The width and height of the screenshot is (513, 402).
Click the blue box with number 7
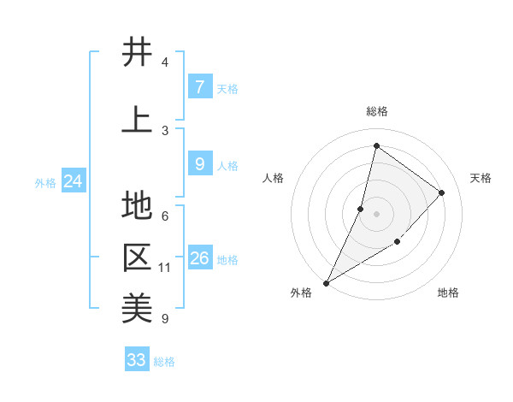point(199,87)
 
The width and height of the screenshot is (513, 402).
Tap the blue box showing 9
point(199,164)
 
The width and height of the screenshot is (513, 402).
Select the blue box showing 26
point(199,258)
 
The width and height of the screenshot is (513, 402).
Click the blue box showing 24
point(73,181)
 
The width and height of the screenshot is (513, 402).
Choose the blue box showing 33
point(137,360)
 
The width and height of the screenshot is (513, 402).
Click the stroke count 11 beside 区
point(165,268)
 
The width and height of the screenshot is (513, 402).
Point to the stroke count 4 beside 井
point(165,62)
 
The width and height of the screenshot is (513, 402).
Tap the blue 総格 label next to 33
point(165,362)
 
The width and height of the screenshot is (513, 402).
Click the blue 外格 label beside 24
point(45,182)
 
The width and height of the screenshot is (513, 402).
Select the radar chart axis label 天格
point(481,178)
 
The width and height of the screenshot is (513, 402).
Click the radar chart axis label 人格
point(273,178)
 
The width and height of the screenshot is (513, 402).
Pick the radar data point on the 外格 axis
point(326,282)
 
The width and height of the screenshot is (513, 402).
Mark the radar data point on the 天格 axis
point(442,192)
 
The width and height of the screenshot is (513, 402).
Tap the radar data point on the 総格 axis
point(376,145)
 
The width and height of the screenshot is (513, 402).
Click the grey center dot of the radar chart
point(376,214)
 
